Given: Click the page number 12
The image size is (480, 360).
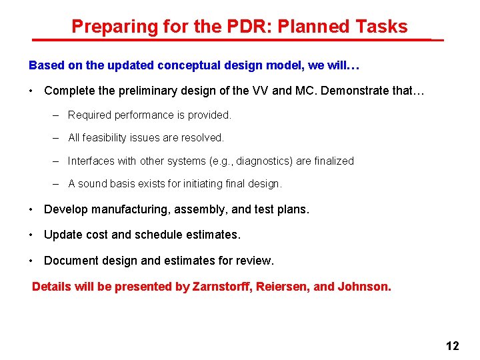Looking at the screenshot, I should coord(452,345).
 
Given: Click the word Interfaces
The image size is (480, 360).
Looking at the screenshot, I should coord(91,161).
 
